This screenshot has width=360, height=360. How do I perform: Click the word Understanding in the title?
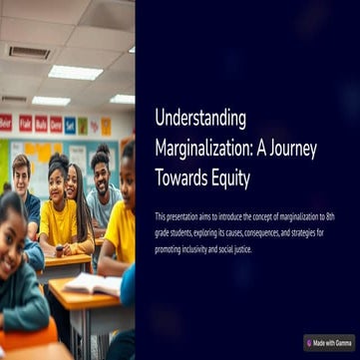[200, 117]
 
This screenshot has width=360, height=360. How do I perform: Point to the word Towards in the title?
[187, 179]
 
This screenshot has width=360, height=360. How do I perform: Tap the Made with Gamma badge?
[329, 342]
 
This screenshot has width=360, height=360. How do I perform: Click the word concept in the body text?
[274, 215]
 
